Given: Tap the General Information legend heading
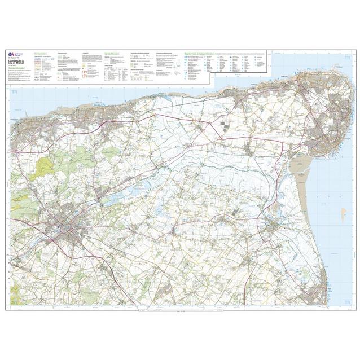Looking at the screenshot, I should pyautogui.click(x=112, y=52).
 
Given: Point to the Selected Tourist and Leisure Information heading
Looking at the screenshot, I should pyautogui.click(x=199, y=52).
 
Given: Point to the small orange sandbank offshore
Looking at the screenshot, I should pyautogui.click(x=343, y=213).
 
